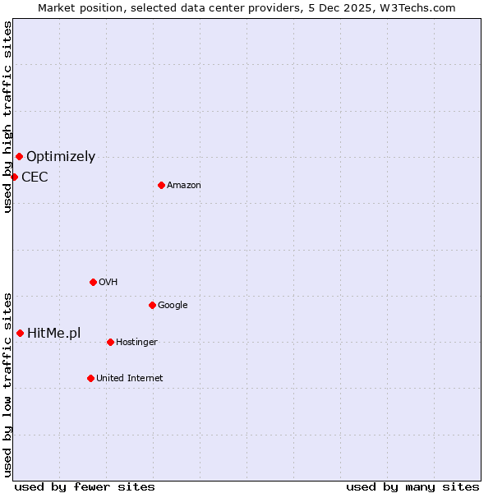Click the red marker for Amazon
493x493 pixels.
161,185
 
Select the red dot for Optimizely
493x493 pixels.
19,156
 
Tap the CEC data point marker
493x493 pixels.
14,177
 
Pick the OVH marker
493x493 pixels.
93,282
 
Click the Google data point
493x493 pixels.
152,305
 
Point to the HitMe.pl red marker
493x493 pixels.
20,333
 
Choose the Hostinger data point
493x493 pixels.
110,342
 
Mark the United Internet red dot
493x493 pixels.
90,378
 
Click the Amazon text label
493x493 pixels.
184,186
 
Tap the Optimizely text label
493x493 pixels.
61,157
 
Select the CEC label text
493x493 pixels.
35,177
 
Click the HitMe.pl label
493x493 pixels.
54,334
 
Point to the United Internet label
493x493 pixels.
130,379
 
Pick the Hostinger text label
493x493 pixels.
136,343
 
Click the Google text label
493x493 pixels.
173,306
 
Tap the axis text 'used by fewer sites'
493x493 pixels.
85,486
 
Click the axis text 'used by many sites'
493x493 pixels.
412,486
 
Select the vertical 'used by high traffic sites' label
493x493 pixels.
7,117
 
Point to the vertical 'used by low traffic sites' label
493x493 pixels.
7,384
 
